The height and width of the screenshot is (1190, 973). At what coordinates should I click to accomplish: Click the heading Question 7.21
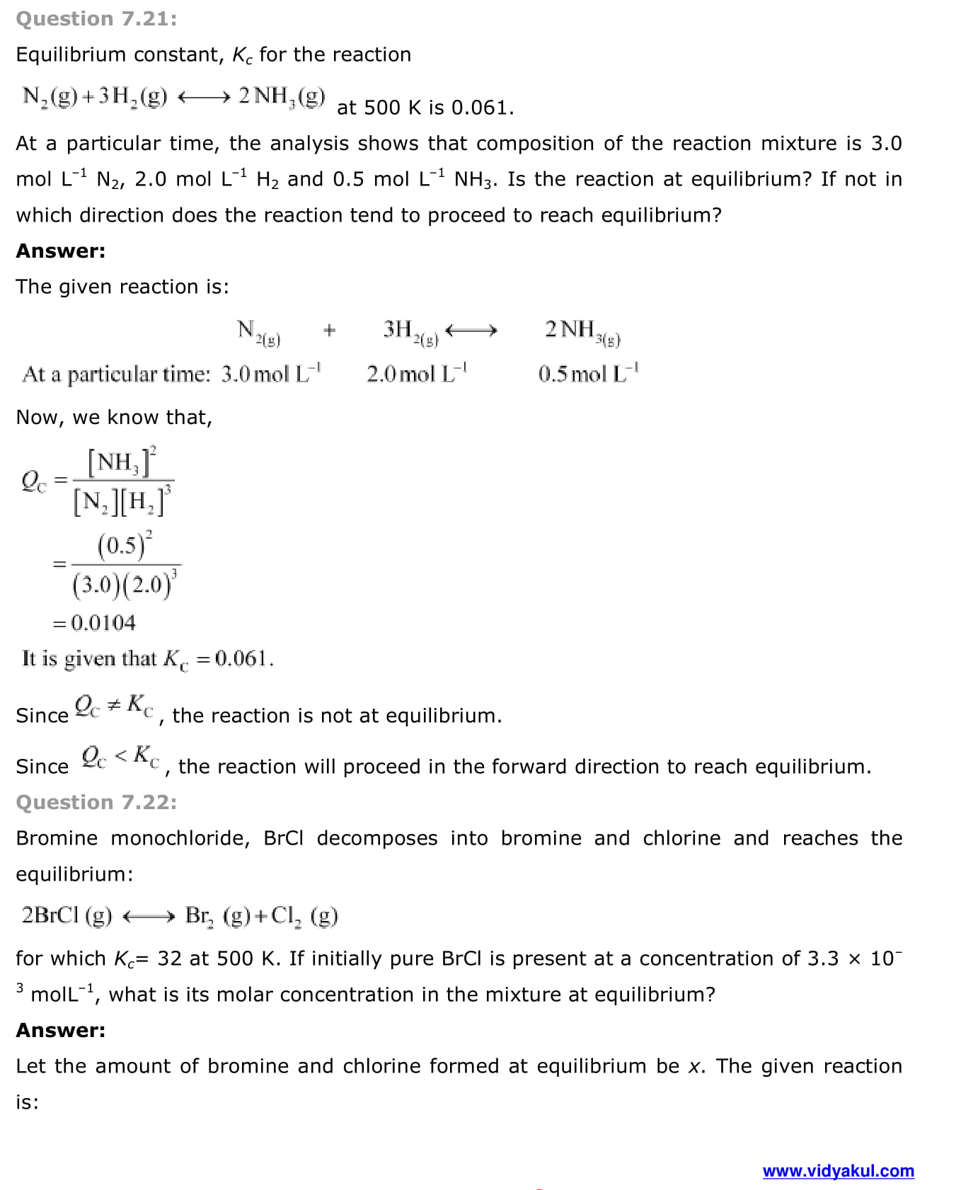96,18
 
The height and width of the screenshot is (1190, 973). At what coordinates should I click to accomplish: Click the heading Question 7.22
96,802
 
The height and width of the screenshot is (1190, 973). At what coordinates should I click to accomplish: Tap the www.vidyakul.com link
838,1171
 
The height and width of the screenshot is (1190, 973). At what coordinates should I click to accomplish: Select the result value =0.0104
95,623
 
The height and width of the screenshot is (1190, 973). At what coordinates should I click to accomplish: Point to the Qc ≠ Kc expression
114,706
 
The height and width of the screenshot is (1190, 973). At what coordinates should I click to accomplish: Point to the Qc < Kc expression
120,757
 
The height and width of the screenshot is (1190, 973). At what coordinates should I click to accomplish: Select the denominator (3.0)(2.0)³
125,584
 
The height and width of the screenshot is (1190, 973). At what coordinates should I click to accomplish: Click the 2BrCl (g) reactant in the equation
67,916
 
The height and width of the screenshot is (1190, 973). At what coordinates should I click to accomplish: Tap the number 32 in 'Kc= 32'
170,959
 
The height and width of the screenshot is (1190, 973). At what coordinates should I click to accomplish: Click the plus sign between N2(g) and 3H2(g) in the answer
329,330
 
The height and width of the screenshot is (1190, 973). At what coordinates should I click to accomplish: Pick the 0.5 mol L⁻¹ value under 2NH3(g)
588,373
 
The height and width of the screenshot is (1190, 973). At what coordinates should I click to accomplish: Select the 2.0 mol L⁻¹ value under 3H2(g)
417,373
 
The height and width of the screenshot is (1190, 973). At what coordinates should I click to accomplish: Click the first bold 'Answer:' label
61,251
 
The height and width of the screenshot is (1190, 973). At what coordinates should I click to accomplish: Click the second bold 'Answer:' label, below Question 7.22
61,1030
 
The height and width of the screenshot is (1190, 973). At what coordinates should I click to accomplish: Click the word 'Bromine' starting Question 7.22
57,838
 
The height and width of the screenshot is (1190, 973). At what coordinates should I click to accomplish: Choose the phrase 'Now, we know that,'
114,418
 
